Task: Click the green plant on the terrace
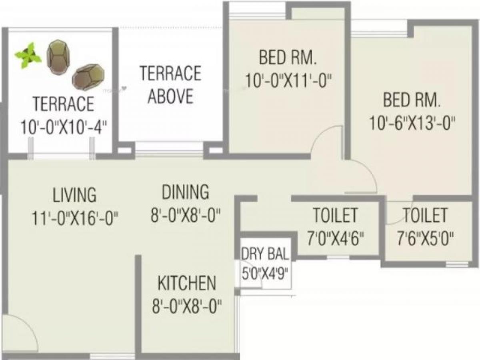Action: (28, 55)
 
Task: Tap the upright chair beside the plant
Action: (58, 57)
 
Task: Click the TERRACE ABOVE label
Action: (170, 84)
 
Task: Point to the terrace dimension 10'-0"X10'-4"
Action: (64, 127)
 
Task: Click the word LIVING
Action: (74, 194)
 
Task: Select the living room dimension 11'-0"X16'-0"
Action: (75, 218)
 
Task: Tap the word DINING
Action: (185, 192)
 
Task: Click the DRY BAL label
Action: (265, 254)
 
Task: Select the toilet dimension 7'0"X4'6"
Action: (336, 239)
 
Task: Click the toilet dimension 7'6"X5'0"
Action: (425, 239)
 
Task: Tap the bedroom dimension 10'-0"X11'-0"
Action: (288, 81)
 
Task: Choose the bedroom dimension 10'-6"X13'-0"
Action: (412, 123)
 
